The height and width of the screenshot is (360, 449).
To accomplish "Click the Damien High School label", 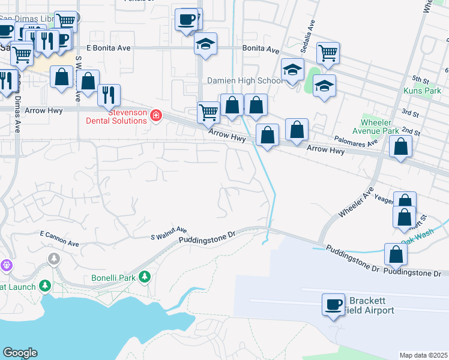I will (x=244, y=80).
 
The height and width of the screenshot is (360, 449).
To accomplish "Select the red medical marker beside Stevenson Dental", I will (x=156, y=115).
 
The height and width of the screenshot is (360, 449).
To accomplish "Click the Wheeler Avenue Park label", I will (x=381, y=127).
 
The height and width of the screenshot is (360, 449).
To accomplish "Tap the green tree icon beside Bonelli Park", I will (x=144, y=277).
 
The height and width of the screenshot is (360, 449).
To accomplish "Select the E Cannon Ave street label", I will (x=59, y=235).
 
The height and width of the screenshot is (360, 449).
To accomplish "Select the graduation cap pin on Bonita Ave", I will (x=205, y=44).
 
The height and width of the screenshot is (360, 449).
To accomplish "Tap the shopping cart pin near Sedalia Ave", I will (x=328, y=53).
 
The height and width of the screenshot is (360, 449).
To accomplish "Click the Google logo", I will (x=20, y=353).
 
